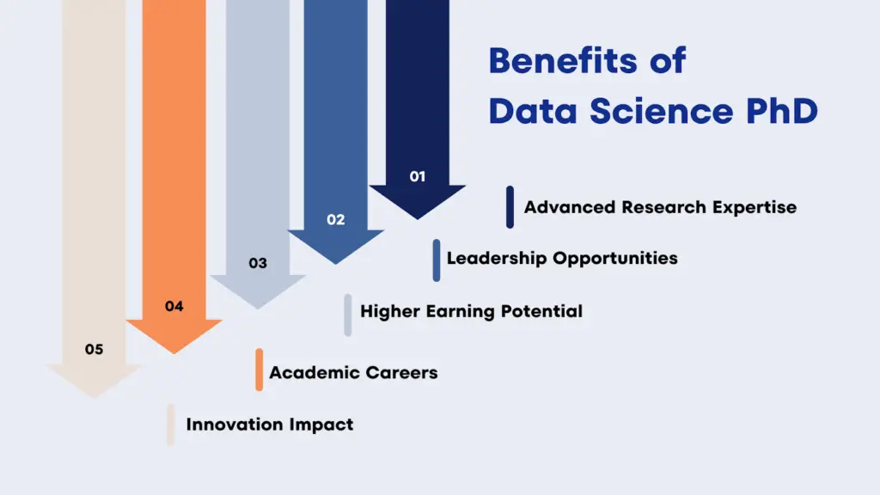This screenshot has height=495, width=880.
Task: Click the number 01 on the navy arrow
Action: [417, 176]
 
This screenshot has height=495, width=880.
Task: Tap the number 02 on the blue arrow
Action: [335, 220]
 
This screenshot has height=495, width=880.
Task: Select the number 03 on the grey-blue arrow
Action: [258, 263]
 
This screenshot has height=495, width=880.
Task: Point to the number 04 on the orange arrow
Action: [174, 306]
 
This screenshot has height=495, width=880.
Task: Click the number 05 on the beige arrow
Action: [94, 349]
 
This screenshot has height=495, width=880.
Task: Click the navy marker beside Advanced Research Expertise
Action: [510, 207]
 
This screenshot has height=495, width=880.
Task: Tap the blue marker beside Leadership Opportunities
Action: [437, 260]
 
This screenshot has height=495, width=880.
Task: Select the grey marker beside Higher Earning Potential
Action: [348, 315]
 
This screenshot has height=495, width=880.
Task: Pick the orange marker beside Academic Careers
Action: [259, 370]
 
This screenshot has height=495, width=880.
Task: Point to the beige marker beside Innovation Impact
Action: [171, 425]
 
